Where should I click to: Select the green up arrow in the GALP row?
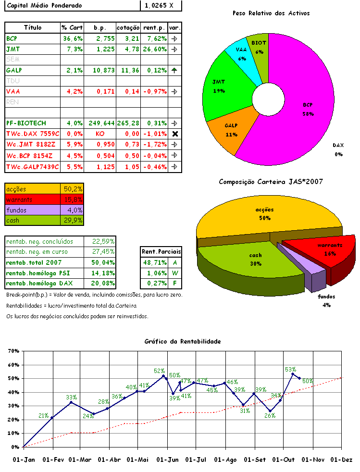(x=174, y=70)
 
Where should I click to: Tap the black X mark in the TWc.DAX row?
(x=174, y=134)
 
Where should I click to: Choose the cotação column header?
(x=128, y=28)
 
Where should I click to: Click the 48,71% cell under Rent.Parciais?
(x=154, y=262)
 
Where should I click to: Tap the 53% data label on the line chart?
(x=290, y=369)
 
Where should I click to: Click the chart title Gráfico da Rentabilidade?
(x=183, y=341)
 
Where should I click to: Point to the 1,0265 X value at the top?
(x=161, y=6)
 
